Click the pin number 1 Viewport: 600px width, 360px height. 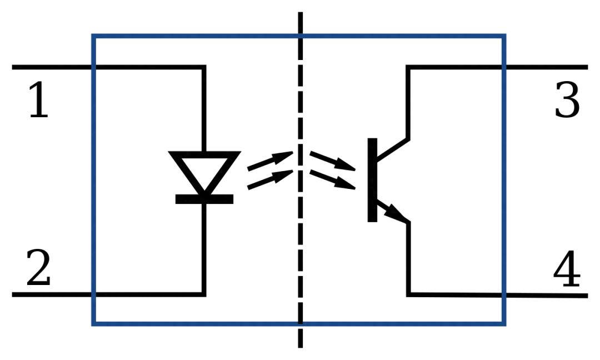click(x=38, y=101)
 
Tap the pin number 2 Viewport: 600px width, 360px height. click(x=38, y=268)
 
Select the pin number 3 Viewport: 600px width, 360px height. click(x=567, y=101)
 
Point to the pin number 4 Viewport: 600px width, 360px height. click(x=567, y=268)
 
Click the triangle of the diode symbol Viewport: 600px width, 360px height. click(x=204, y=169)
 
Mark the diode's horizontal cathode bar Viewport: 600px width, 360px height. click(x=204, y=199)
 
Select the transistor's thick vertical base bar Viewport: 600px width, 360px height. click(x=372, y=179)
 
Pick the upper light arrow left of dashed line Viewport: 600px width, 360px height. click(x=270, y=159)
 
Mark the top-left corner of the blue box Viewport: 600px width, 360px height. click(x=93, y=36)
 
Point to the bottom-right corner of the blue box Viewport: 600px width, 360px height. click(x=504, y=323)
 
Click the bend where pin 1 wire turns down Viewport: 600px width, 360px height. click(x=204, y=67)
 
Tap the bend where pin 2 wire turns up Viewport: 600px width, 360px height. click(x=204, y=294)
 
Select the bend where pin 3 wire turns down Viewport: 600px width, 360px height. click(x=408, y=67)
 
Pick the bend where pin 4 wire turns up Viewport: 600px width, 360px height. click(x=409, y=294)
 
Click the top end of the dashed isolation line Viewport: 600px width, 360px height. click(x=301, y=13)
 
